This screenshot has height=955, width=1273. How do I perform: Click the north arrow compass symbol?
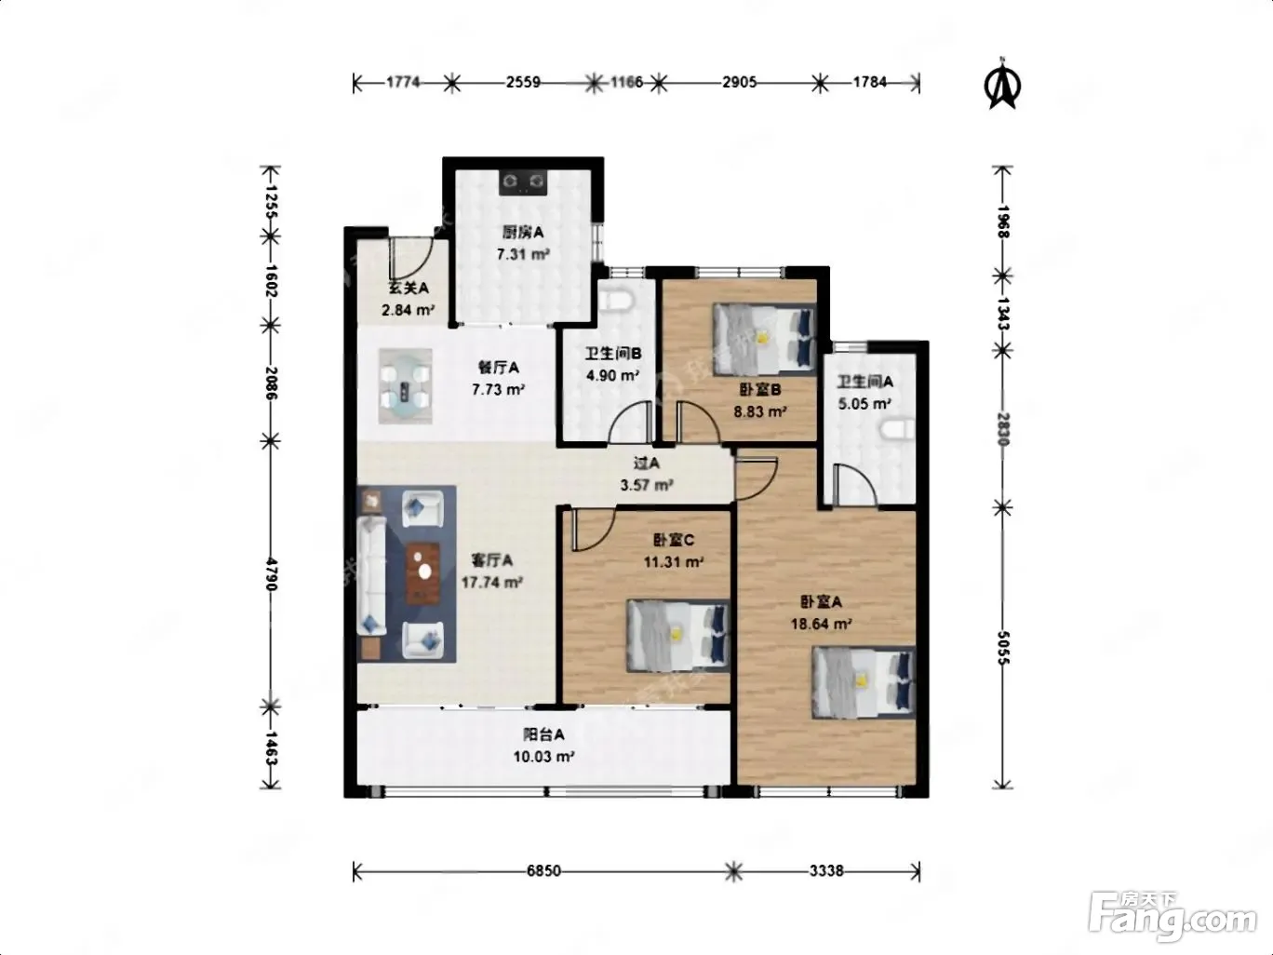pyautogui.click(x=1003, y=84)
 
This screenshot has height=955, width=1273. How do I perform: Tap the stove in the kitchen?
pyautogui.click(x=523, y=182)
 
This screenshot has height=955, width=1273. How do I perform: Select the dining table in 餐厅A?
pyautogui.click(x=406, y=385)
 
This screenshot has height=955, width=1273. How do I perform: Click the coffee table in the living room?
pyautogui.click(x=422, y=572)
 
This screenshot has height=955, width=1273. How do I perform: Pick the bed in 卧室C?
pyautogui.click(x=678, y=636)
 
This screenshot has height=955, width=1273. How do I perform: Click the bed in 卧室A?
pyautogui.click(x=864, y=683)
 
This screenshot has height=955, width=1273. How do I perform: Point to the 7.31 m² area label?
pyautogui.click(x=523, y=254)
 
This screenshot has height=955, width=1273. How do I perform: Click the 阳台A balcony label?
pyautogui.click(x=543, y=734)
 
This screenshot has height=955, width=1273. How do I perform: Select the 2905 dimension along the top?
pyautogui.click(x=740, y=82)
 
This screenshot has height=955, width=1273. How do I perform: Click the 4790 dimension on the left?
pyautogui.click(x=271, y=574)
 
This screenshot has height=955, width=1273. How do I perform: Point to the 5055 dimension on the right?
pyautogui.click(x=1003, y=647)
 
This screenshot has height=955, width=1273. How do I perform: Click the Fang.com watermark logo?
pyautogui.click(x=1172, y=915)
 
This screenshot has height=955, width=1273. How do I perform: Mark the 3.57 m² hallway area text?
pyautogui.click(x=647, y=485)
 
